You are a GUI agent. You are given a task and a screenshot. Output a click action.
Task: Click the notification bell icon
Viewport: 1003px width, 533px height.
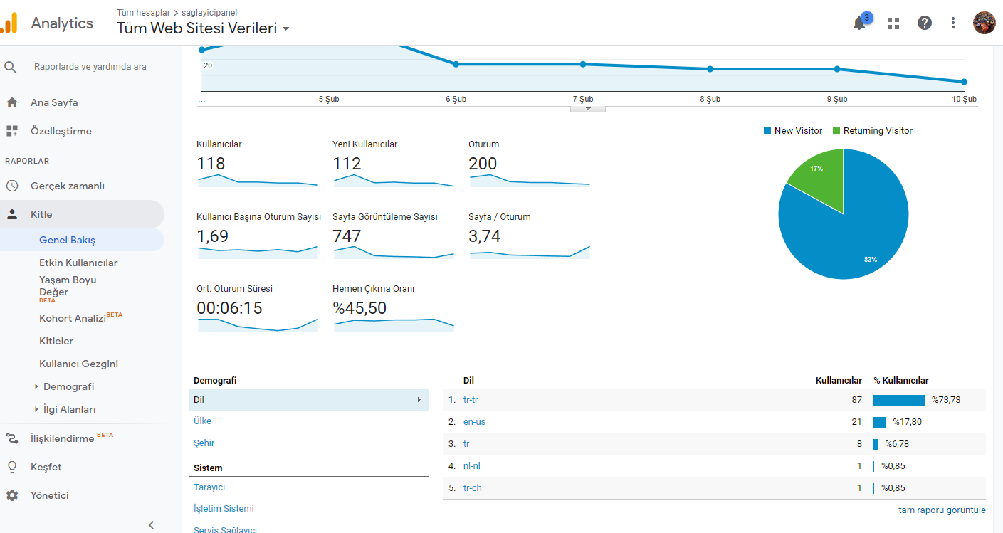[858, 23]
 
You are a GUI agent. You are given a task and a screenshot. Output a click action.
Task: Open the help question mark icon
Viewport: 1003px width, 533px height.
[924, 23]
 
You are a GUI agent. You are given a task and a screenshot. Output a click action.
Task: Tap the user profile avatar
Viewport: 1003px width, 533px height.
[984, 23]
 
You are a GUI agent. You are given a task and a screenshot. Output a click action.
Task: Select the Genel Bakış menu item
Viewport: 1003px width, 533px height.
[67, 240]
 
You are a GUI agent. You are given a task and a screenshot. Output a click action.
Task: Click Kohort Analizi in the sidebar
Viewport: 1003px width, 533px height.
[73, 318]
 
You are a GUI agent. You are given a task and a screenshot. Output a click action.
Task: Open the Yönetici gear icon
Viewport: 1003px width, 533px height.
[12, 495]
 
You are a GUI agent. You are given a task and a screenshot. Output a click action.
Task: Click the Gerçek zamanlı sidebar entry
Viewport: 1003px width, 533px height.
[68, 186]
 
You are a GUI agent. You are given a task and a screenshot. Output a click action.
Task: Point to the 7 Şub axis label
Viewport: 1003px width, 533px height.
[583, 99]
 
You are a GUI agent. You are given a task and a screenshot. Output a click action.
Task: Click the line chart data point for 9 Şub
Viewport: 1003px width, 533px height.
[837, 69]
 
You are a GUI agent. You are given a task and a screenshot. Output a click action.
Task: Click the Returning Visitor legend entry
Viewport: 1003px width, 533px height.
[872, 131]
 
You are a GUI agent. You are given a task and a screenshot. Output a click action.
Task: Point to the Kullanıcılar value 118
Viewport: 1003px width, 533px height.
[211, 164]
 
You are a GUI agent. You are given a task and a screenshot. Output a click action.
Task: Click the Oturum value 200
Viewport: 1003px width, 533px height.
[483, 164]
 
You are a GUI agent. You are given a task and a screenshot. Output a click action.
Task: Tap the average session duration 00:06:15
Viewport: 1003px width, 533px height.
[229, 308]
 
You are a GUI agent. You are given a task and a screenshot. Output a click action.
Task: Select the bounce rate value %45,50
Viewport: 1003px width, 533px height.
[359, 308]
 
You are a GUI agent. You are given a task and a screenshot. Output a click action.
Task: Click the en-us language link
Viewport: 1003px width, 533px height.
[474, 421]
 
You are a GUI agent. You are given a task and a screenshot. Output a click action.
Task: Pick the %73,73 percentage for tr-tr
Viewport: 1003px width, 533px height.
[946, 400]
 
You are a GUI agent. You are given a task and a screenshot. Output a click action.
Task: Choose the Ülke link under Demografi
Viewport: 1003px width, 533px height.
[202, 421]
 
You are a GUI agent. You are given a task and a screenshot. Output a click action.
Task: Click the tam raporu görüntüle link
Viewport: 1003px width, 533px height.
[942, 510]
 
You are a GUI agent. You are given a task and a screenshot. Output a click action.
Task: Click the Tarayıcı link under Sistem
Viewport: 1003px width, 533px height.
[209, 487]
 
